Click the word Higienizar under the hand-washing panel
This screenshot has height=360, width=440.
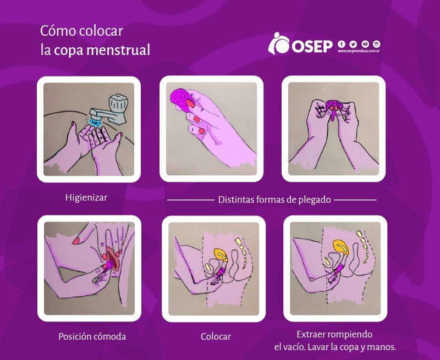click(86, 197)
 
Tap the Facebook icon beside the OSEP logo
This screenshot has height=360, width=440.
click(341, 44)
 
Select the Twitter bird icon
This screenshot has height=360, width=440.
click(353, 44)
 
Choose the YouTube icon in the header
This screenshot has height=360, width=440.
click(365, 44)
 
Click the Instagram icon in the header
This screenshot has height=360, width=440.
click(377, 44)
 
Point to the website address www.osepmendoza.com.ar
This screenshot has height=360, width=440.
click(359, 51)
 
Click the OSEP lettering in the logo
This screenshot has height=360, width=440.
click(312, 46)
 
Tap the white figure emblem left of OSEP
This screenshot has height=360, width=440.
click(278, 43)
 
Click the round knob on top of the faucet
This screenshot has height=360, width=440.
click(118, 102)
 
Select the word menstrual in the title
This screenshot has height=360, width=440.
click(118, 50)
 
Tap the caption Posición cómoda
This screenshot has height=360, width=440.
click(92, 336)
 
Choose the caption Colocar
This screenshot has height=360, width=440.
click(216, 336)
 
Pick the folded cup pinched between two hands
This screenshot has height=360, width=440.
click(334, 107)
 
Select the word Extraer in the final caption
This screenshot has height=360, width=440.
click(311, 334)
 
